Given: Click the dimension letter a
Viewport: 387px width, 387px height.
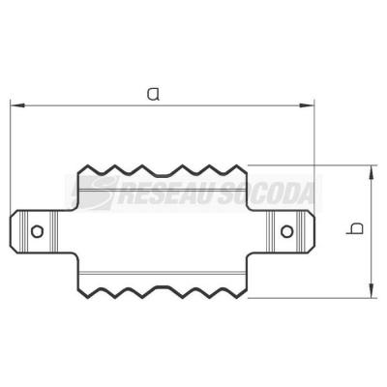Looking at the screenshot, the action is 153,93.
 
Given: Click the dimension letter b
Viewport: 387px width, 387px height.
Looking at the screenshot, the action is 355,228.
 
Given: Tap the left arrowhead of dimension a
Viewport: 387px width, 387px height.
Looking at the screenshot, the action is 17,105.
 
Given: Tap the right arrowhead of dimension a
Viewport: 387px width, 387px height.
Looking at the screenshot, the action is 307,105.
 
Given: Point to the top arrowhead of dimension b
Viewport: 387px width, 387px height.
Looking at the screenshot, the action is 372,172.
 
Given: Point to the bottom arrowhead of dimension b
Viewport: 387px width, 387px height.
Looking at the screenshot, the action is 372,290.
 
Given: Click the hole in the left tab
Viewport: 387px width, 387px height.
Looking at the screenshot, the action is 38,231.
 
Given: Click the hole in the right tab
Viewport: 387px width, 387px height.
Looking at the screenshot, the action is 286,231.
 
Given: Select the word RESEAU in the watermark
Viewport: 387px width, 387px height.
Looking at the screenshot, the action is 164,193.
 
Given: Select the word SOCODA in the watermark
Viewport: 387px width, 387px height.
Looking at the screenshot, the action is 264,193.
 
